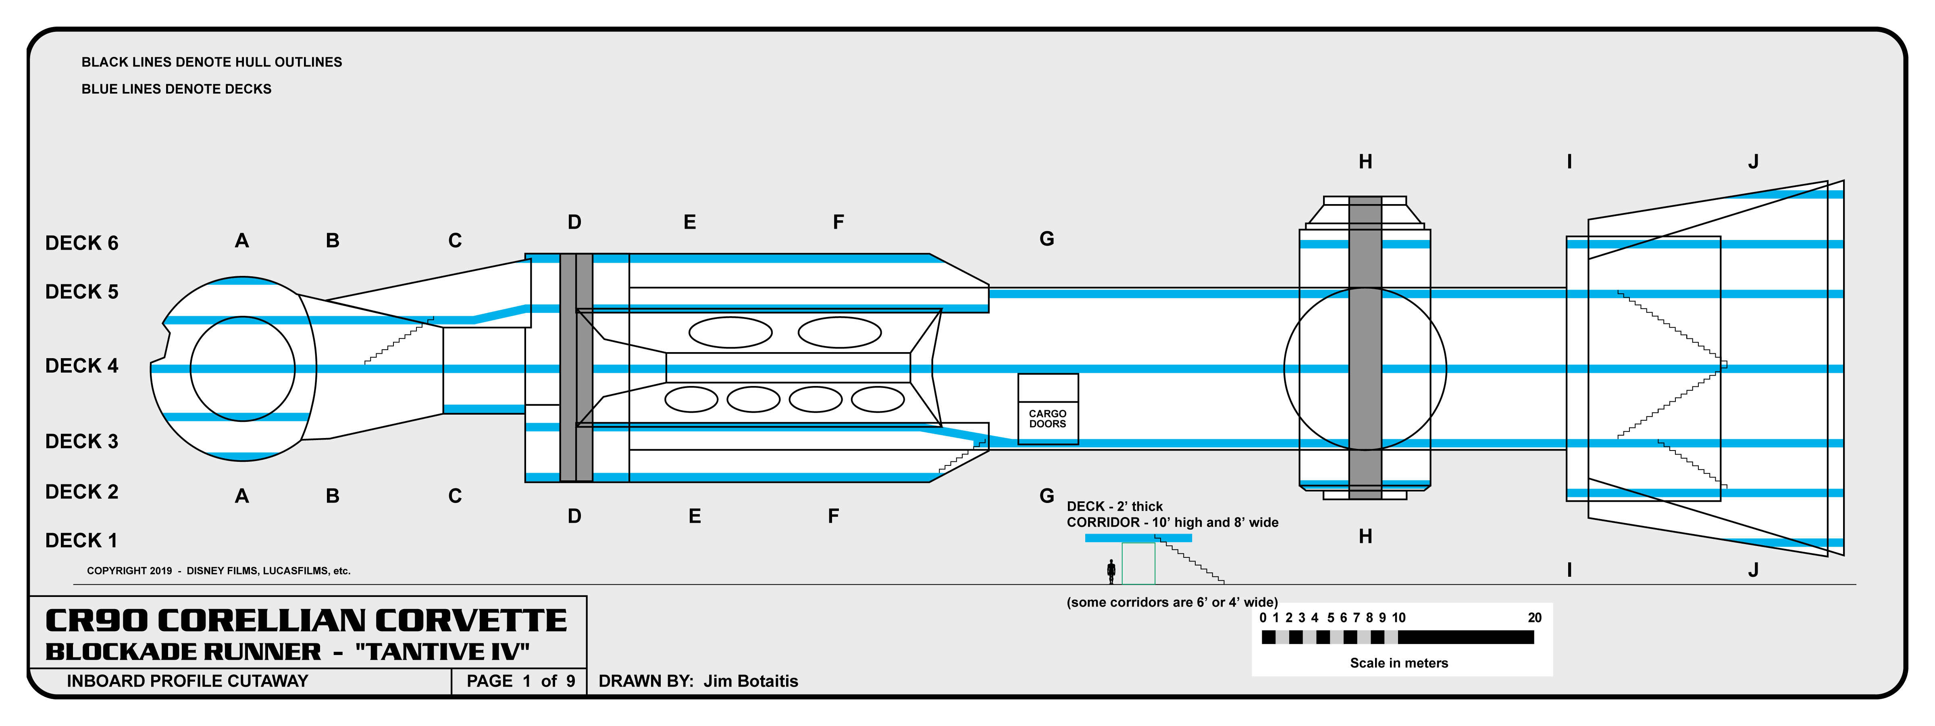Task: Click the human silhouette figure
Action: [x=1111, y=571]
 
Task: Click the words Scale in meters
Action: [x=1399, y=663]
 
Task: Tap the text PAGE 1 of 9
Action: [x=520, y=681]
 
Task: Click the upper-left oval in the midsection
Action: [x=730, y=332]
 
